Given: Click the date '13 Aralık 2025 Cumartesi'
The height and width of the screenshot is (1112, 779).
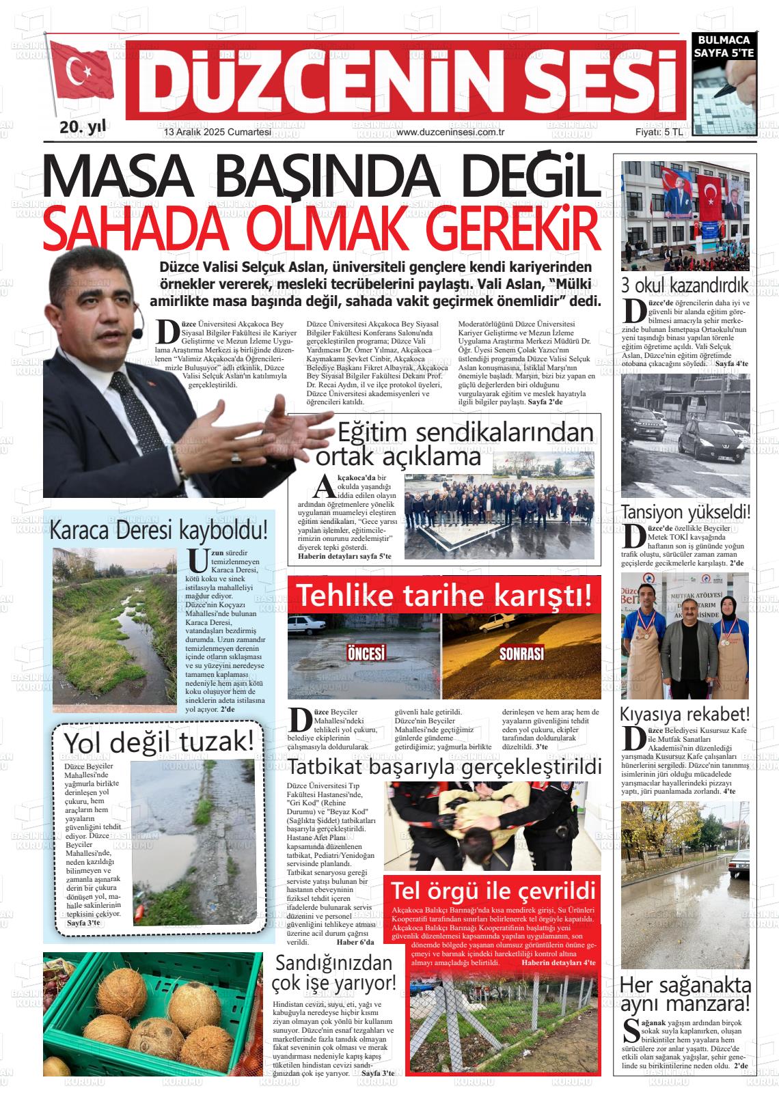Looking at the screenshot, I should tap(217, 133).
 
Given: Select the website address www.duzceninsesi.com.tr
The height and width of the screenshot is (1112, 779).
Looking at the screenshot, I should tap(450, 133).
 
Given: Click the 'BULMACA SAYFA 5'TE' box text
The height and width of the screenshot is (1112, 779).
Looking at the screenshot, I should tap(724, 46).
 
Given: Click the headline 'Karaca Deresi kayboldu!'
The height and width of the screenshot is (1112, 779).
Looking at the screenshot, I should tap(159, 531).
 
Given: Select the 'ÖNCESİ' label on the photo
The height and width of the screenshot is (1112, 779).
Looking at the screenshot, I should tap(366, 653).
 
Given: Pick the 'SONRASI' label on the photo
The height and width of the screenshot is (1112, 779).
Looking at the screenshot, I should tap(521, 653).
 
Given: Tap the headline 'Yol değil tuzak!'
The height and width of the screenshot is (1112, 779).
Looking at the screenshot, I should tap(163, 742).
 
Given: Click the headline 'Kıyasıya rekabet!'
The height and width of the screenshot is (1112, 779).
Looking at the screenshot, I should tap(685, 714).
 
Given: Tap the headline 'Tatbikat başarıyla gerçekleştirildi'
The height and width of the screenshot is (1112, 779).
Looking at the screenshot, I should tap(444, 766).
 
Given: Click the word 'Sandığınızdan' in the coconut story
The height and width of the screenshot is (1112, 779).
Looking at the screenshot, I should tap(333, 963).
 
